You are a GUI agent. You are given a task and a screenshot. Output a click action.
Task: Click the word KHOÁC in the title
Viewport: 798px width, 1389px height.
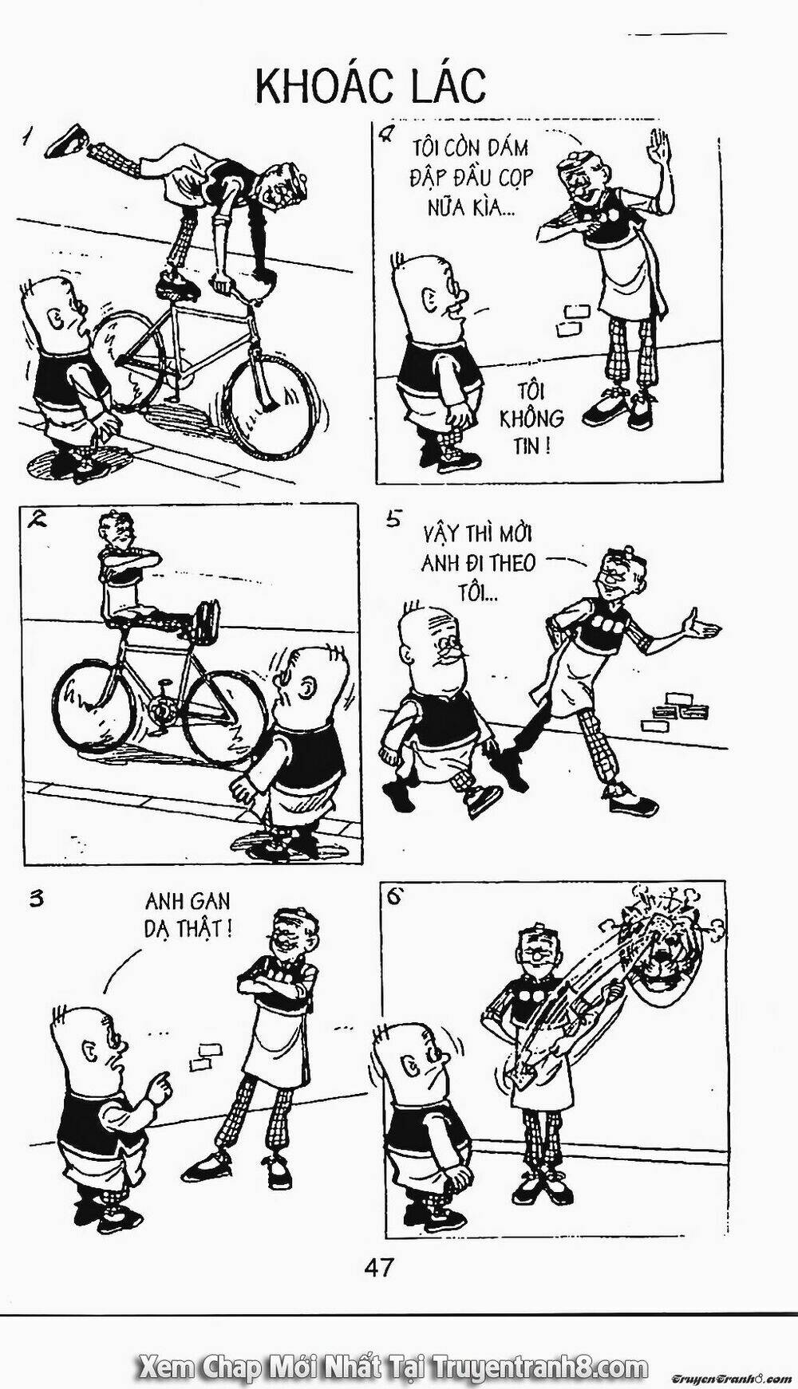tap(324, 86)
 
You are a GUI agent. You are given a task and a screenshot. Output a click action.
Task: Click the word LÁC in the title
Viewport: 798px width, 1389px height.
tap(448, 86)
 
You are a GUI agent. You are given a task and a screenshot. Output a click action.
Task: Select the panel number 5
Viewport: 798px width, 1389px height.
tap(392, 520)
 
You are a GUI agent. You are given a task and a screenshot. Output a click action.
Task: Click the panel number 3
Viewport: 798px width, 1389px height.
tap(36, 899)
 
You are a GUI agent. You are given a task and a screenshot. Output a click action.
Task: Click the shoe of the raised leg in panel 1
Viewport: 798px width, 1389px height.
tap(65, 140)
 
